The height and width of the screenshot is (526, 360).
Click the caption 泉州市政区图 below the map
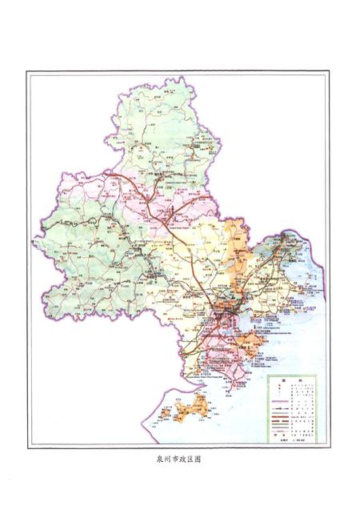[180, 460]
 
